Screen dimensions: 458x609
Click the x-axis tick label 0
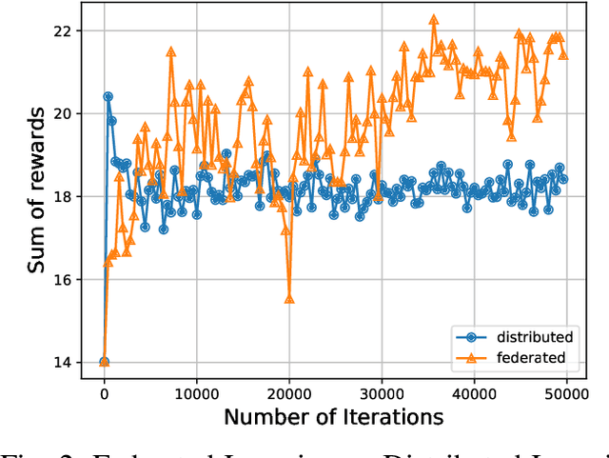pos(104,390)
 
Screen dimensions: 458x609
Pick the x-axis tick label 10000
pos(196,390)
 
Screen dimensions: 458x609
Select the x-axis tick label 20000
pos(288,390)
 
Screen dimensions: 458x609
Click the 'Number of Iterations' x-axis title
pos(334,417)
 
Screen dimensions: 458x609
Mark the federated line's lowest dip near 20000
pos(289,299)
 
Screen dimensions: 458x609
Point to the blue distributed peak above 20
pos(108,96)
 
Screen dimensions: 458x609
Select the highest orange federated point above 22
pos(434,19)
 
